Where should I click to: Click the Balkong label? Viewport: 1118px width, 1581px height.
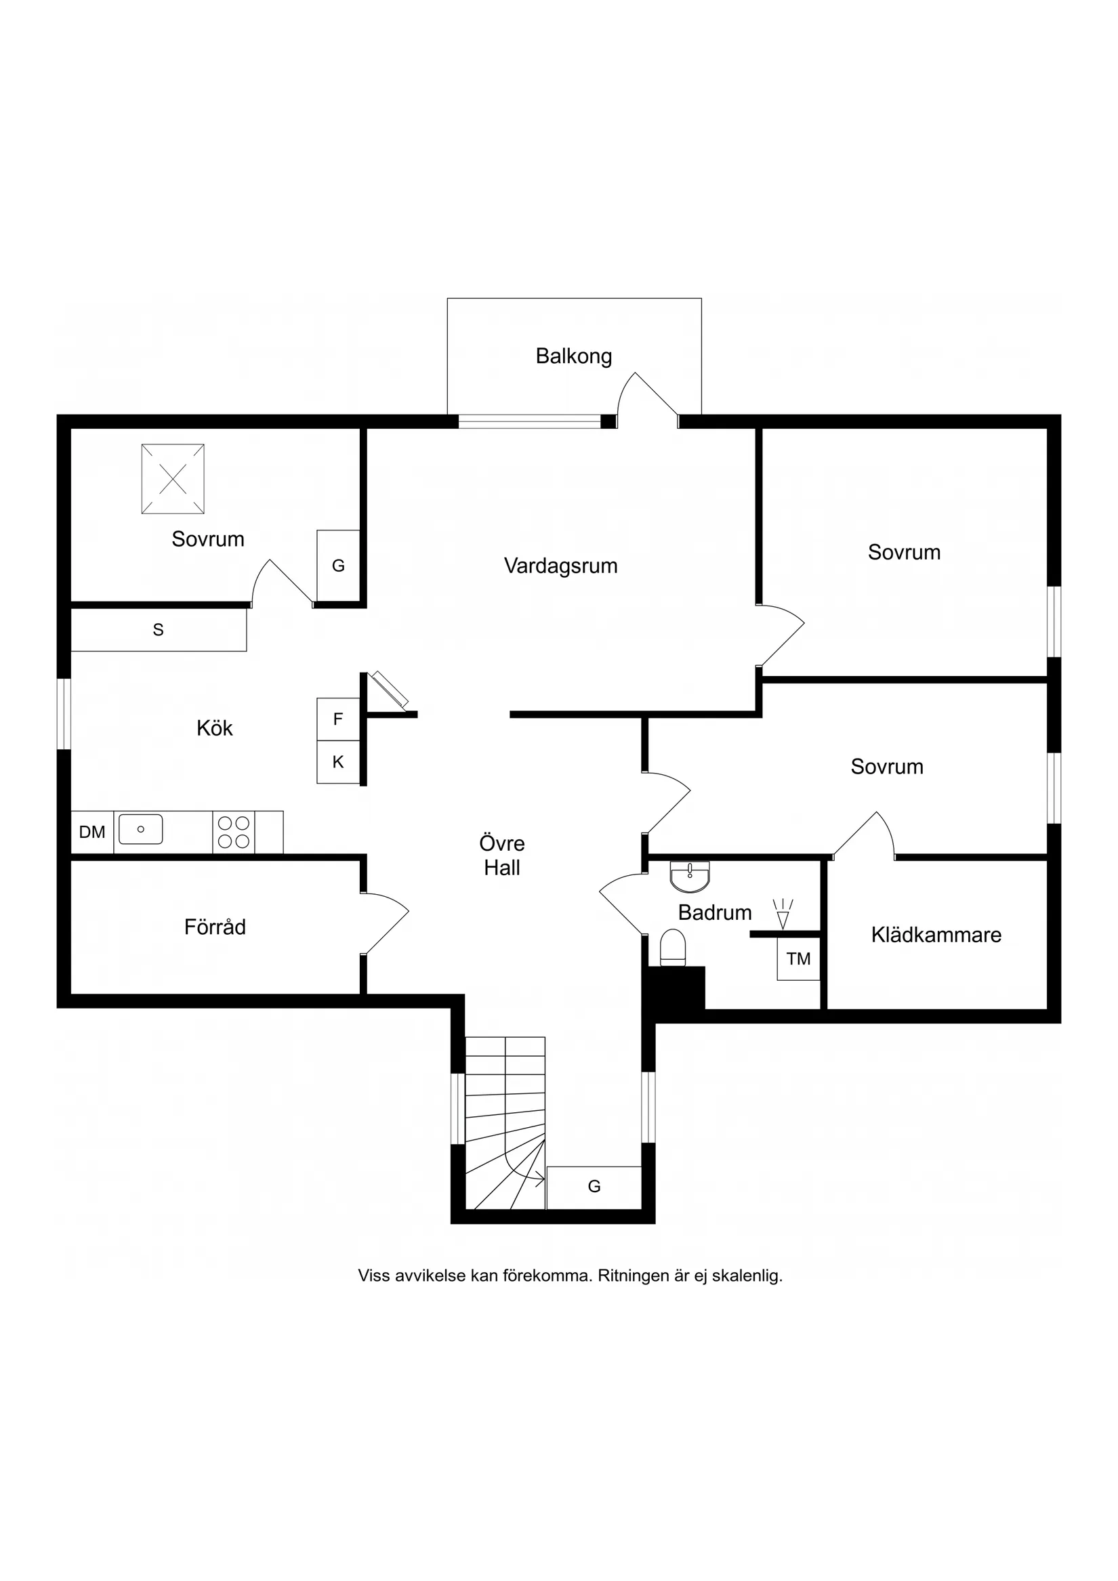pyautogui.click(x=573, y=357)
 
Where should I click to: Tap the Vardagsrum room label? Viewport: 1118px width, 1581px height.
pyautogui.click(x=561, y=566)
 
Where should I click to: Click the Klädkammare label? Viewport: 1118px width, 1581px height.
pyautogui.click(x=936, y=934)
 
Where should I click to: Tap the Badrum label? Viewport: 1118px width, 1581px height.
pyautogui.click(x=714, y=912)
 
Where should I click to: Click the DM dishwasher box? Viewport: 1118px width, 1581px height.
pyautogui.click(x=92, y=832)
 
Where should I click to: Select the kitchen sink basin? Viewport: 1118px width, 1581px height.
pyautogui.click(x=140, y=829)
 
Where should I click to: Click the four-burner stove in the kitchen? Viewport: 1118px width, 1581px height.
pyautogui.click(x=234, y=832)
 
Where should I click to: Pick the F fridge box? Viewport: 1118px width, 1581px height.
pyautogui.click(x=338, y=719)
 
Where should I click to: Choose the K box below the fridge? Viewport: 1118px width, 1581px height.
pyautogui.click(x=338, y=762)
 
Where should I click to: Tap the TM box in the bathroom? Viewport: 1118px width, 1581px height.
pyautogui.click(x=799, y=958)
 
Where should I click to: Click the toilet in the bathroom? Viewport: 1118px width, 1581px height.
pyautogui.click(x=673, y=948)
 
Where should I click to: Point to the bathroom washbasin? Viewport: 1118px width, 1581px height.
pyautogui.click(x=690, y=877)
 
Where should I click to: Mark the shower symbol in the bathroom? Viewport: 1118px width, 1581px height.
pyautogui.click(x=783, y=914)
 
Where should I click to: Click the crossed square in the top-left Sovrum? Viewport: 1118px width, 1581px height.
pyautogui.click(x=173, y=479)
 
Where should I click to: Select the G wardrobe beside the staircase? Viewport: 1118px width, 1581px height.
pyautogui.click(x=594, y=1185)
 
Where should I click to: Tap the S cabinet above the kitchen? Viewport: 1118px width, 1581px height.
pyautogui.click(x=159, y=629)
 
